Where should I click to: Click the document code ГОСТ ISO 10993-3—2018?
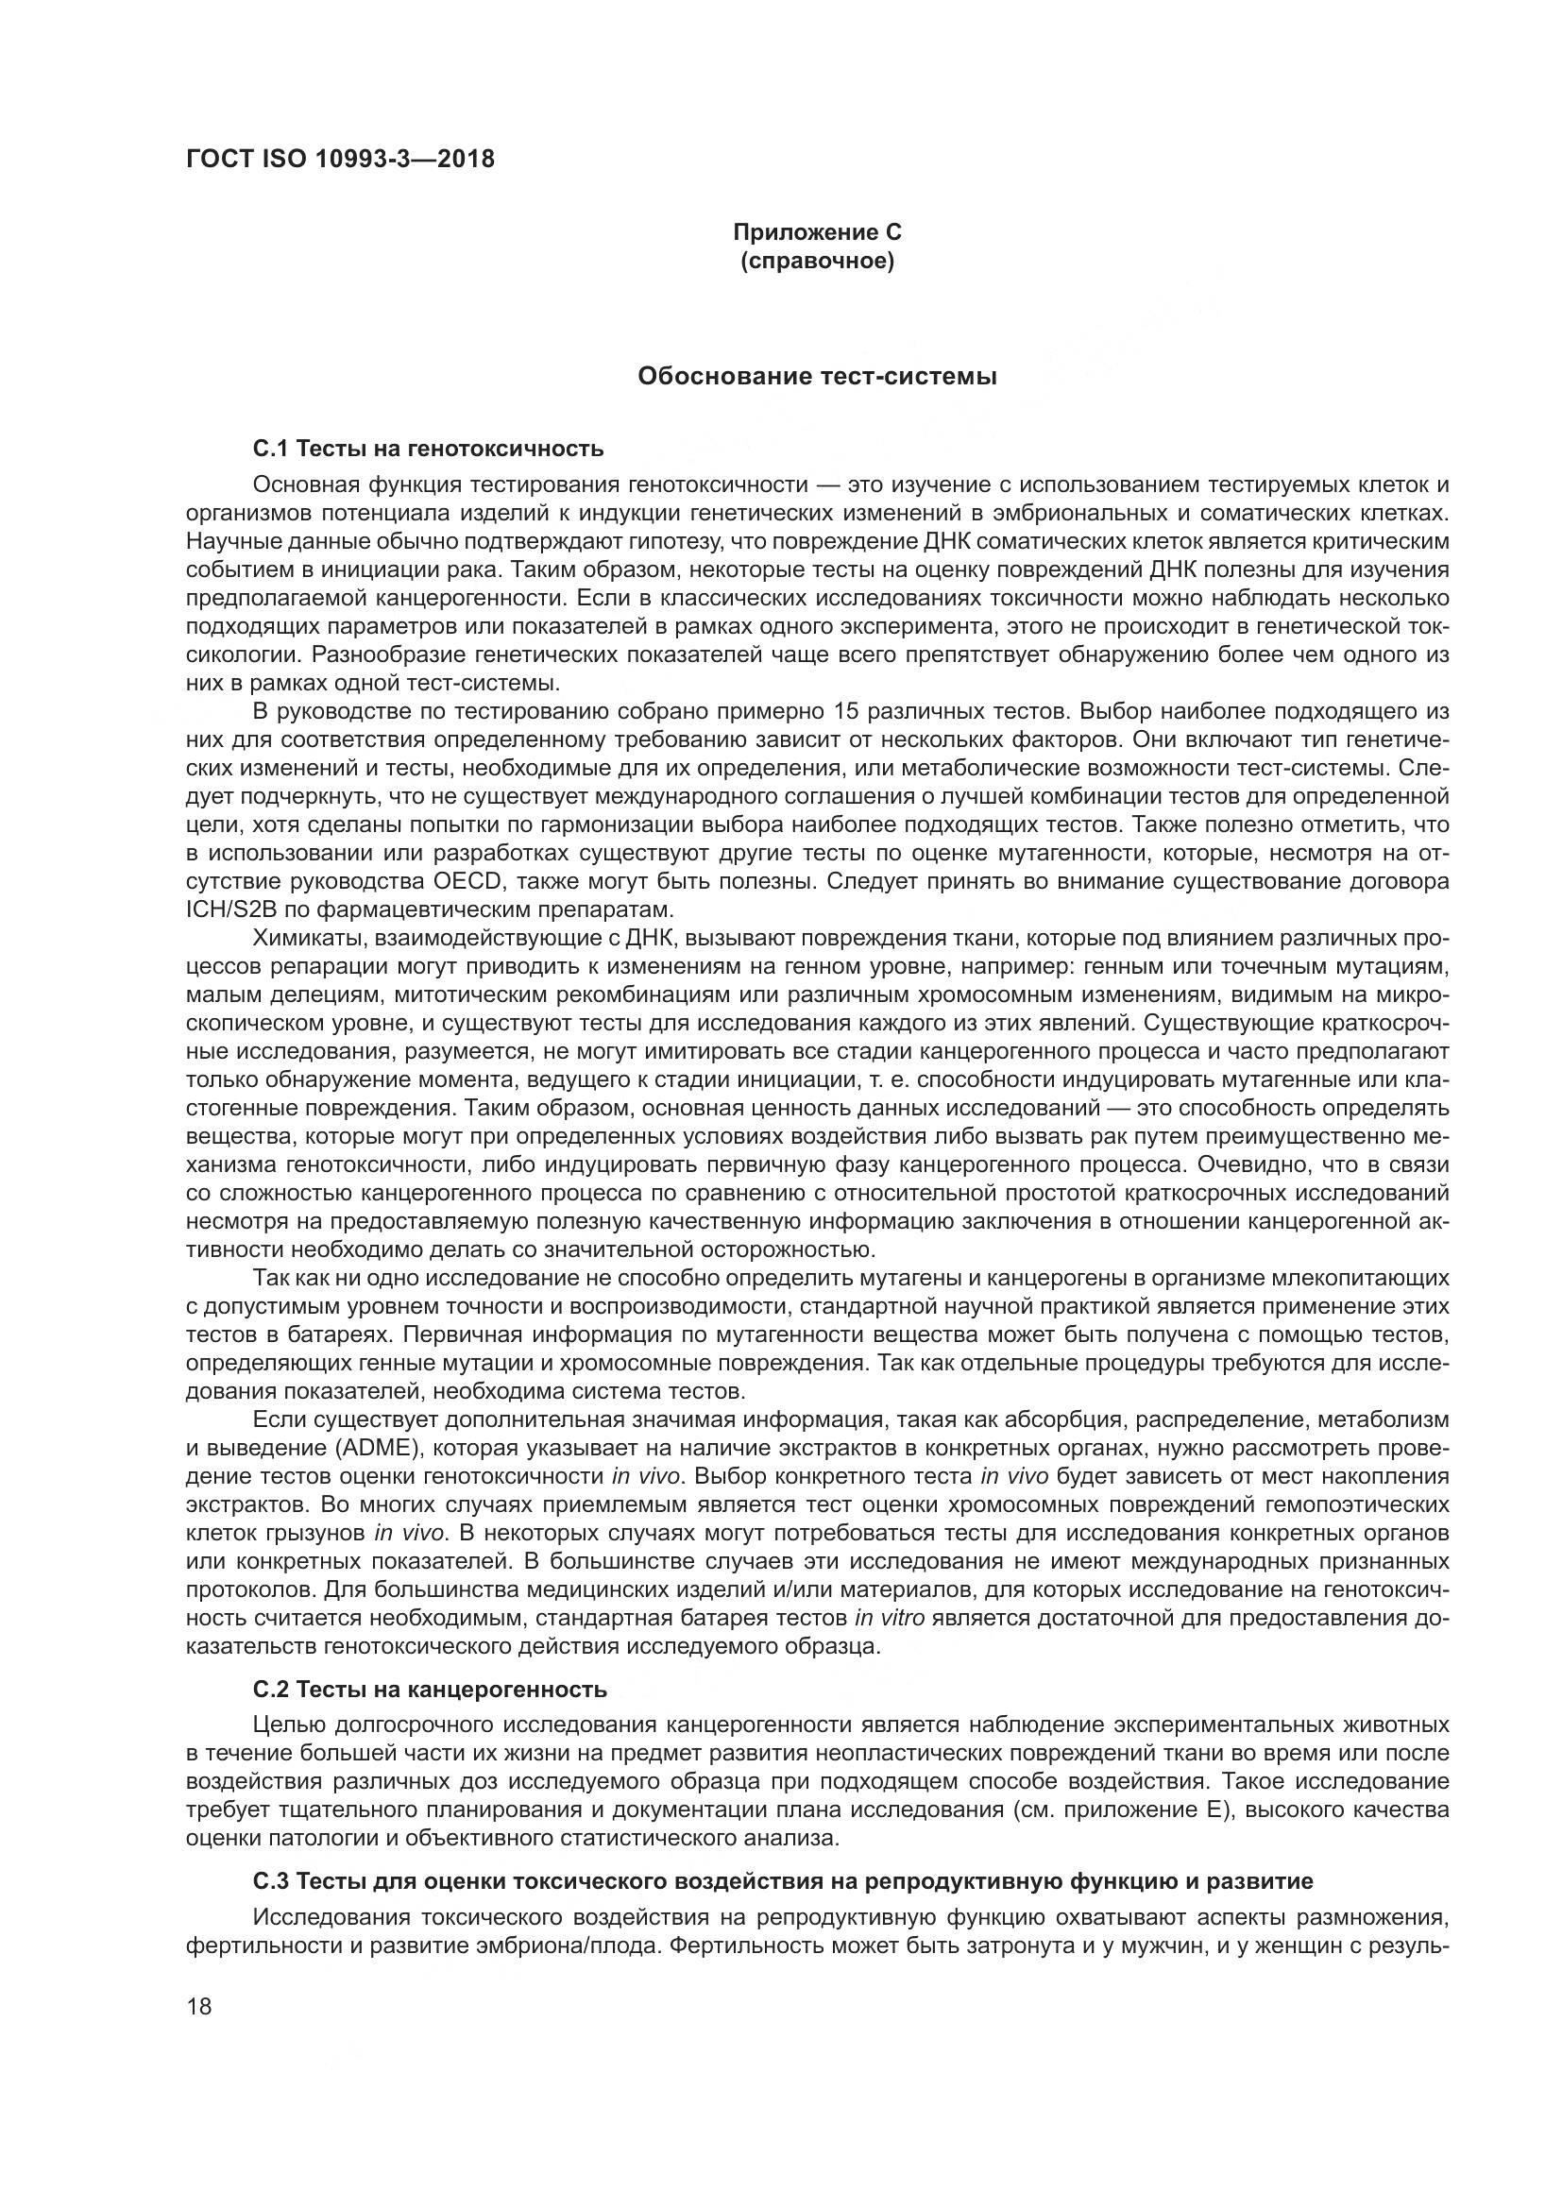(x=341, y=159)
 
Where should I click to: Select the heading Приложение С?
(x=818, y=232)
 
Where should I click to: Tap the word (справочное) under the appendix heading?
(x=818, y=262)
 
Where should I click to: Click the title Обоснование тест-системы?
(x=818, y=376)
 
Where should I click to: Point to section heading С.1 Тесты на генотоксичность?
(x=428, y=449)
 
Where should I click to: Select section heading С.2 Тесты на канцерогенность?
(x=430, y=1690)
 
